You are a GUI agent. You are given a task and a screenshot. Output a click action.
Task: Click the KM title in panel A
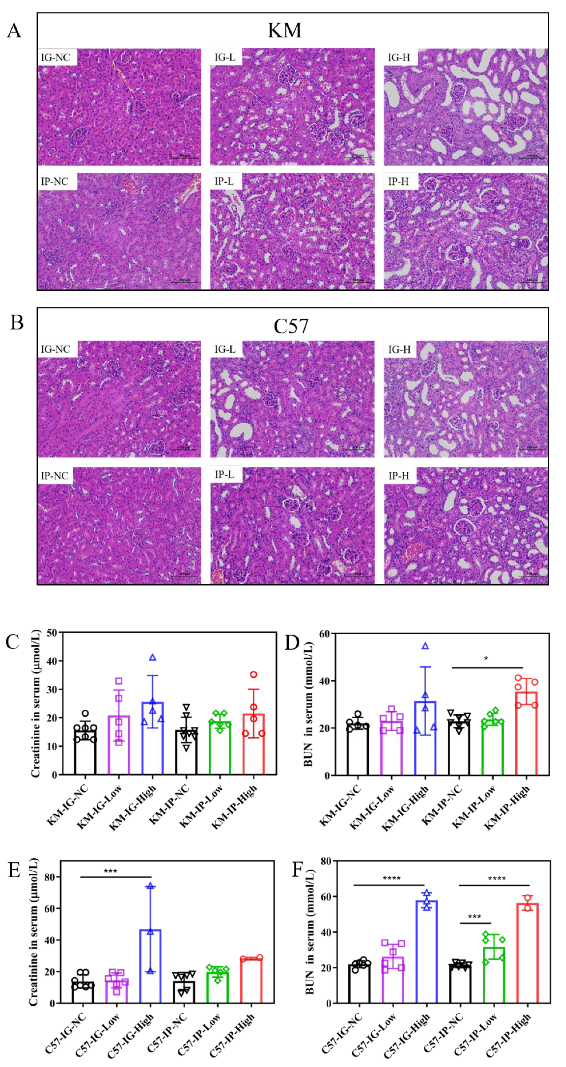click(284, 30)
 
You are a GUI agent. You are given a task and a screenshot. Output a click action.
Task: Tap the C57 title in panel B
click(291, 326)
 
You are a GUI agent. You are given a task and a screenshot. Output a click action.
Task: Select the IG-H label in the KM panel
click(399, 57)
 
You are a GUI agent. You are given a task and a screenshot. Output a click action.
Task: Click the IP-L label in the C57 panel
click(224, 475)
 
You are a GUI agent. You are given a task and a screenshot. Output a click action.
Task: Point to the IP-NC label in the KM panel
click(55, 182)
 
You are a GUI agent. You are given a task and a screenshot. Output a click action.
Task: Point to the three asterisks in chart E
click(110, 871)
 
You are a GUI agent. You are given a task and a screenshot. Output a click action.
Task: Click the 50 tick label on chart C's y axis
click(52, 633)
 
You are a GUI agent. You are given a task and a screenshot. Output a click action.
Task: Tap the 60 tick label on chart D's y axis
click(324, 634)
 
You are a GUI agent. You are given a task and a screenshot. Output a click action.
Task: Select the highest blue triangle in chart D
click(425, 646)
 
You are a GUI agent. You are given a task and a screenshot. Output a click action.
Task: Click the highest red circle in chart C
click(254, 675)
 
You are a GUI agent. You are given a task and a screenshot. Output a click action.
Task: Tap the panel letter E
click(15, 870)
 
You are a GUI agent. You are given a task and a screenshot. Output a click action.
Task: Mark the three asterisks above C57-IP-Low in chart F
click(474, 917)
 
